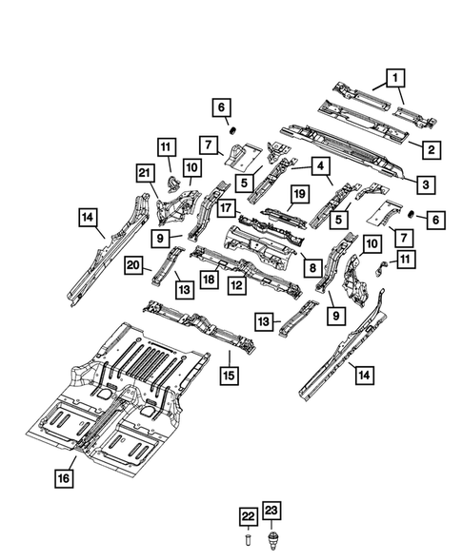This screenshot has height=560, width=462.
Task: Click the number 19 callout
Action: [297, 195]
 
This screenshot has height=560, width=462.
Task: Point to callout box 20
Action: [133, 267]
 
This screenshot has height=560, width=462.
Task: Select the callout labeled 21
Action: [145, 171]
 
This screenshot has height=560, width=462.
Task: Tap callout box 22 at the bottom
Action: [247, 515]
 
